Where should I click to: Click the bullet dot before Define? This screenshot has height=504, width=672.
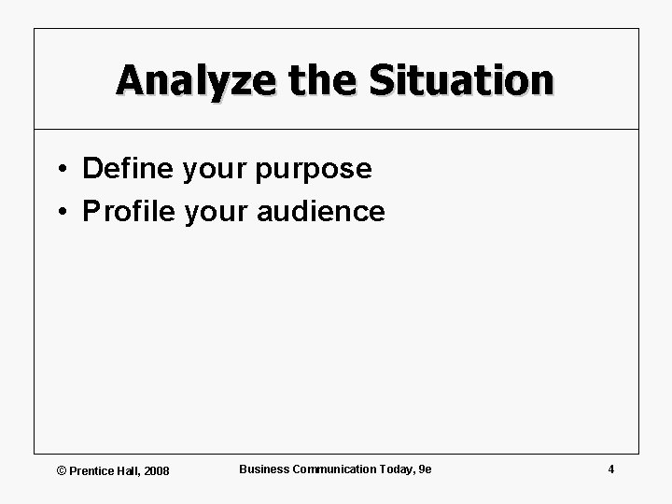(60, 169)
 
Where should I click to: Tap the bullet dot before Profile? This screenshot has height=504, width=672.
(60, 212)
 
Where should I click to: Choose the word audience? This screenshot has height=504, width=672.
(320, 212)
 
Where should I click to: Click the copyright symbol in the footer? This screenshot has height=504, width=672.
(63, 470)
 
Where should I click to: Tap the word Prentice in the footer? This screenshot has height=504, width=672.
(91, 470)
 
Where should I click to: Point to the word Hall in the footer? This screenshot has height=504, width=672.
(129, 470)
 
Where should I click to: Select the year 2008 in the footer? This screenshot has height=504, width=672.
(157, 470)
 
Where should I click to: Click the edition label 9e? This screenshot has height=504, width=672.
(426, 469)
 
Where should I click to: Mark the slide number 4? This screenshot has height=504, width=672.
(610, 469)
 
